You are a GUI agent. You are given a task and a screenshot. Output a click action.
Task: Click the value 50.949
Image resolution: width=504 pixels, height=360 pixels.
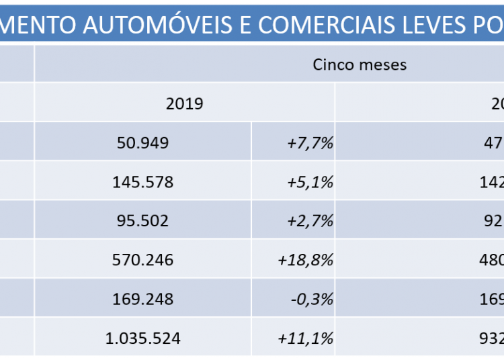click(x=142, y=143)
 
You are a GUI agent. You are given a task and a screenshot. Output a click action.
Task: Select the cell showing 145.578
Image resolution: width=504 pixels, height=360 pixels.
click(x=142, y=182)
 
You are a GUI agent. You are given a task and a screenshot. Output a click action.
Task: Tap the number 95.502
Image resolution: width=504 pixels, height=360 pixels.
click(x=142, y=221)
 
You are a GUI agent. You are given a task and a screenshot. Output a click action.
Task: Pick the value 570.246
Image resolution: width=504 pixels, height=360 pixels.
click(x=142, y=260)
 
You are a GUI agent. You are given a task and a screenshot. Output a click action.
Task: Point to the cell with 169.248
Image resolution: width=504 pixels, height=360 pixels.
click(x=142, y=299)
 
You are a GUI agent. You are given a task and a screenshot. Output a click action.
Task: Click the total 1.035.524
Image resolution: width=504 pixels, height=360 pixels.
click(x=142, y=338)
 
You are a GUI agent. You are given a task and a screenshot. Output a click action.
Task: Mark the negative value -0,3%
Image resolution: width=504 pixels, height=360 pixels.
click(x=310, y=299)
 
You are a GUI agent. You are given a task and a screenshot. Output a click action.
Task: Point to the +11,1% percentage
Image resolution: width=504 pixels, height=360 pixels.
click(x=305, y=338)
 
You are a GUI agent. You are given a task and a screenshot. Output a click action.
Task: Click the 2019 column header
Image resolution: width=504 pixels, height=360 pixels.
click(x=184, y=103)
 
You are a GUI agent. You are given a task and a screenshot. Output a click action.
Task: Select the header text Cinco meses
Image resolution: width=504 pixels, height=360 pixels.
click(x=360, y=65)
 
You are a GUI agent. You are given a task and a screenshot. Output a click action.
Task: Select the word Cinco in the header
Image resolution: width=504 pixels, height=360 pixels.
click(x=332, y=65)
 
